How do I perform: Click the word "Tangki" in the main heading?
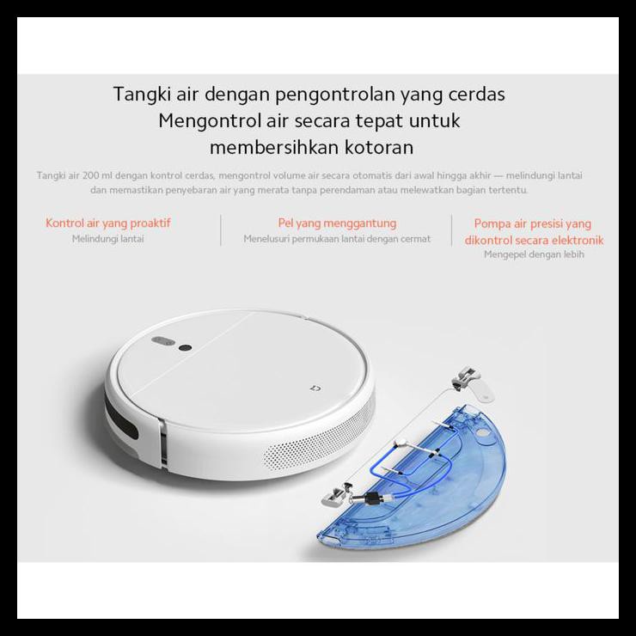click(x=139, y=95)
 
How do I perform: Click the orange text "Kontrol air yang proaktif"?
click(x=108, y=223)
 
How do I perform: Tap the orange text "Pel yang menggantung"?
click(x=337, y=223)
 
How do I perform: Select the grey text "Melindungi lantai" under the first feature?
click(x=108, y=239)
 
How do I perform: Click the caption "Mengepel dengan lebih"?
click(x=534, y=255)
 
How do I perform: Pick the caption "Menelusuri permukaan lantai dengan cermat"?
click(x=337, y=239)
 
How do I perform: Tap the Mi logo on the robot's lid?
click(x=315, y=388)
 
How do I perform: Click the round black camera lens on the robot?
click(x=184, y=348)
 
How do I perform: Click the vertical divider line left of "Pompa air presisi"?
click(x=452, y=230)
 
